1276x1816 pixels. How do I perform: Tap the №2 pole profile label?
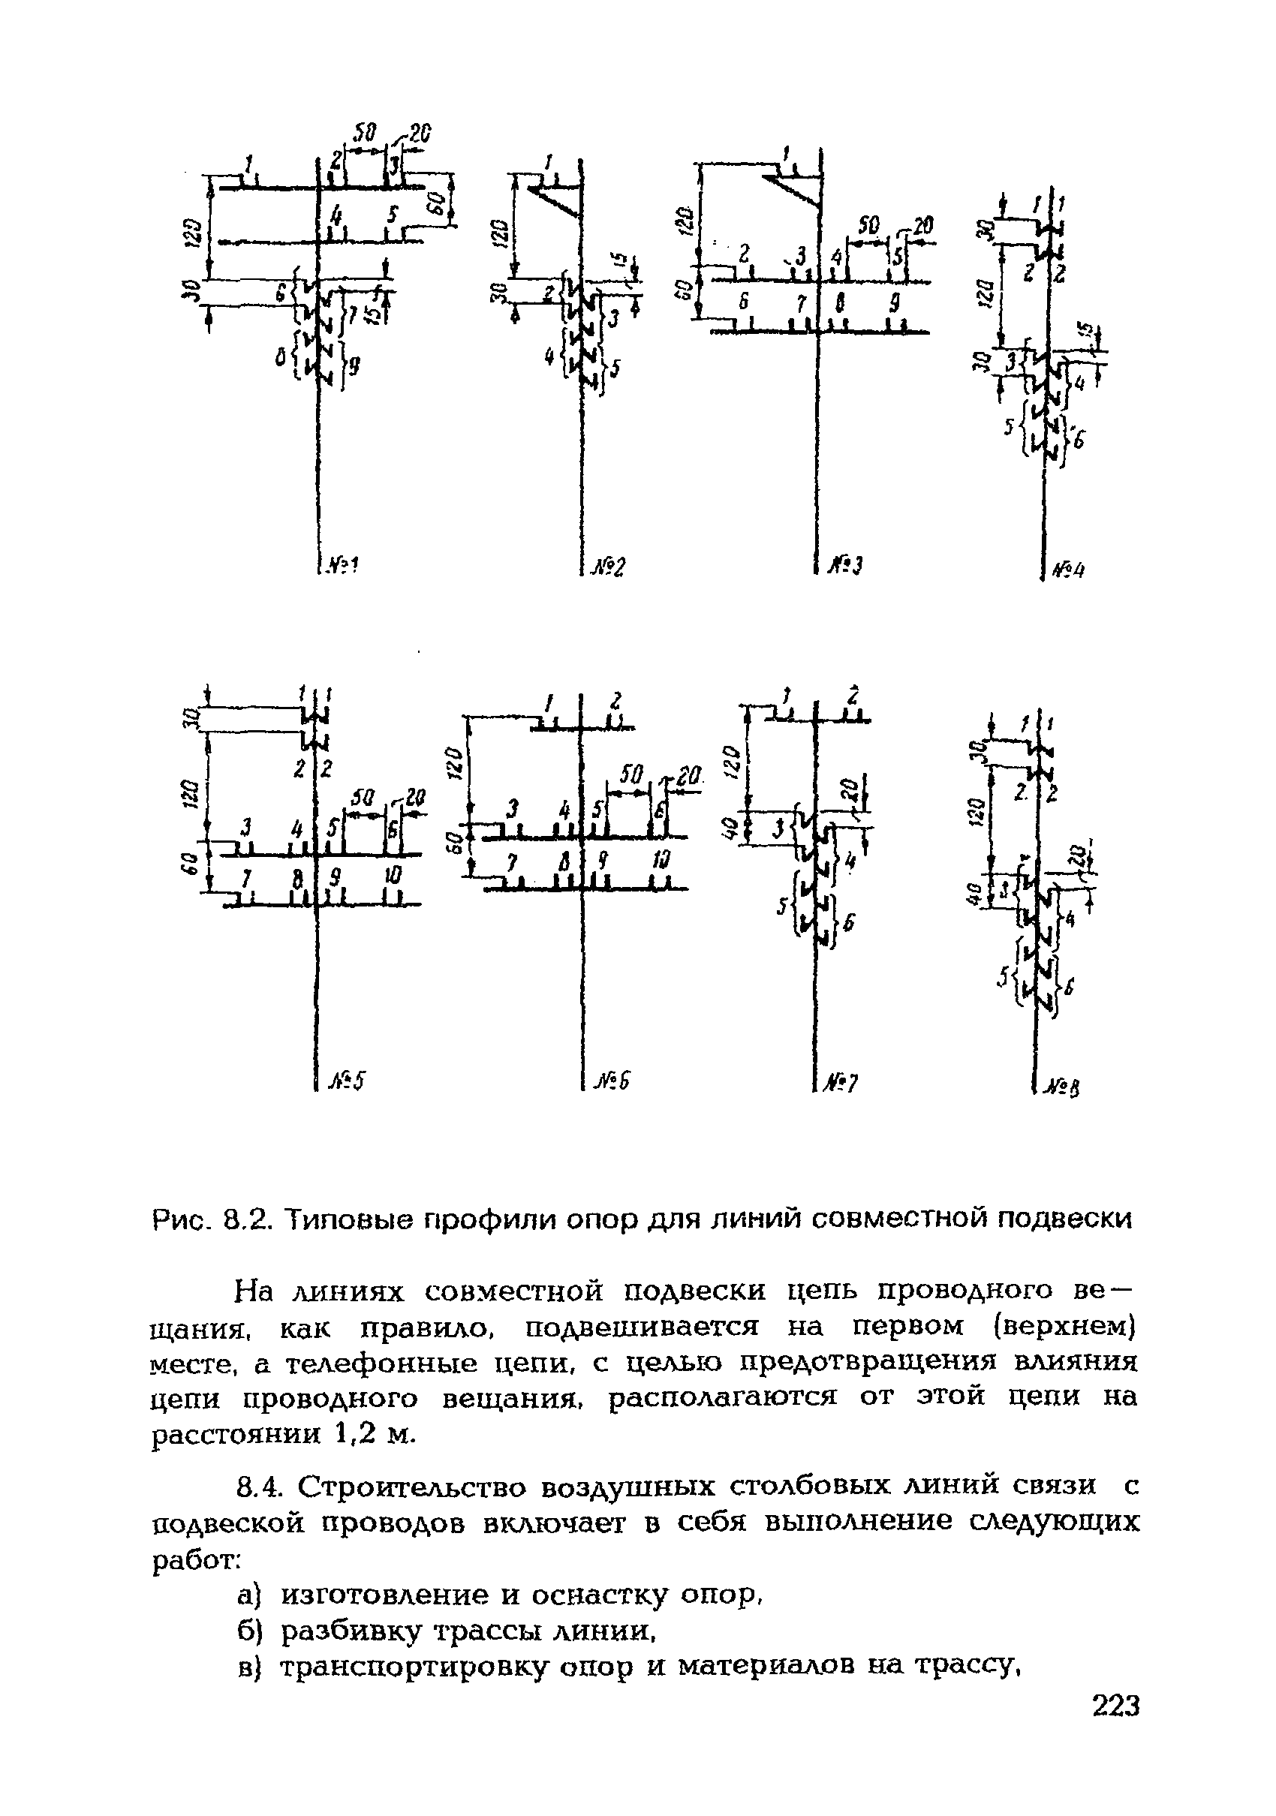pos(609,567)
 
